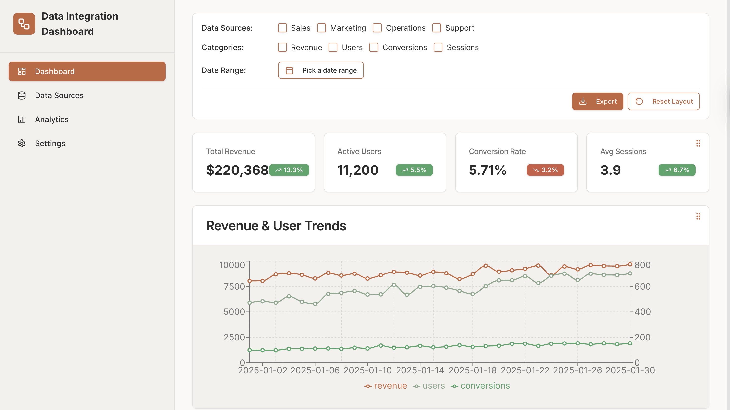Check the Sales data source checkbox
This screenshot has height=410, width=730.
[x=282, y=28]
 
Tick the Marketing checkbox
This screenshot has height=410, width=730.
[x=321, y=28]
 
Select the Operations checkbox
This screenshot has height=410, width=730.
[x=377, y=28]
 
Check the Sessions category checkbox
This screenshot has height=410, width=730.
[x=438, y=47]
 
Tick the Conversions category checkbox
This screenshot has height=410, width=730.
[x=373, y=47]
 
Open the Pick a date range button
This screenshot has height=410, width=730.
[x=321, y=70]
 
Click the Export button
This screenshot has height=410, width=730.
[x=597, y=102]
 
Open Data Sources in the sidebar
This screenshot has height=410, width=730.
[x=59, y=96]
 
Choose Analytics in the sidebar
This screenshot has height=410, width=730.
[x=52, y=120]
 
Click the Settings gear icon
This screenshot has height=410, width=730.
[x=22, y=144]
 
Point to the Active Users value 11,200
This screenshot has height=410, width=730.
[x=358, y=170]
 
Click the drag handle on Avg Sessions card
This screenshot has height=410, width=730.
[x=698, y=144]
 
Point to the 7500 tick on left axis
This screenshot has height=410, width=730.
[x=234, y=286]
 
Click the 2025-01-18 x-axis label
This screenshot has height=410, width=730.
[x=473, y=370]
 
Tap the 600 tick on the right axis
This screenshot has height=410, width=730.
[x=642, y=286]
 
